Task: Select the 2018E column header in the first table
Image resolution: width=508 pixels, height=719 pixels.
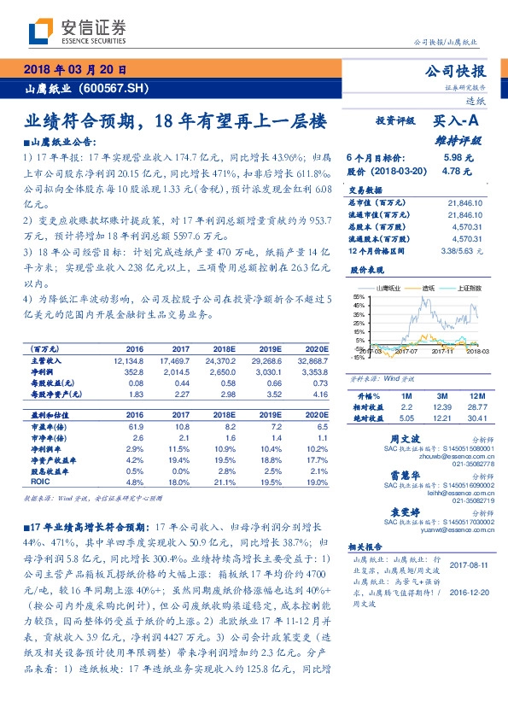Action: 223,349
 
